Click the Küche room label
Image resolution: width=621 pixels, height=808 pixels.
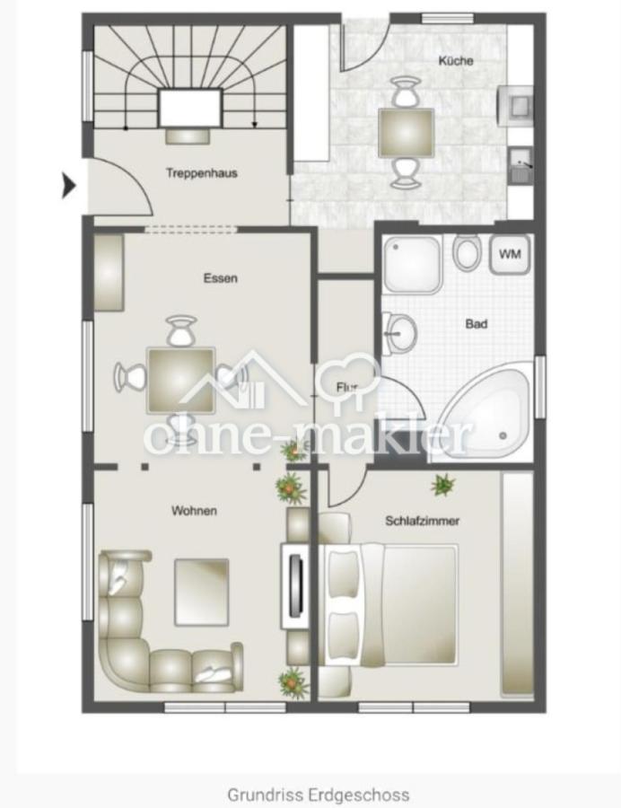(456, 61)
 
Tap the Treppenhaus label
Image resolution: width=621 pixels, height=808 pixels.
(202, 173)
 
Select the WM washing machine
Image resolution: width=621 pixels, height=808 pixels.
(509, 254)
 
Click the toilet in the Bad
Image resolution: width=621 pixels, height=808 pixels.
(467, 251)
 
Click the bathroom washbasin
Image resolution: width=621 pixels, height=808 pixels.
(399, 333)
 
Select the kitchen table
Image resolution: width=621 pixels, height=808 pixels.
(406, 133)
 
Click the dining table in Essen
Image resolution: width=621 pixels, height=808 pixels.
(180, 381)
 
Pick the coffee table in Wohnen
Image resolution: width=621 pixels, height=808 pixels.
(201, 593)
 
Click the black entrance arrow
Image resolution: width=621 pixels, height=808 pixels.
(69, 186)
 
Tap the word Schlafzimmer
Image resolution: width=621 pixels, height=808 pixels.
(423, 521)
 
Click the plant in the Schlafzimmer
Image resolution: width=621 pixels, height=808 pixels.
(442, 485)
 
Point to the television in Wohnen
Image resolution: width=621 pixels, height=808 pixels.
(295, 585)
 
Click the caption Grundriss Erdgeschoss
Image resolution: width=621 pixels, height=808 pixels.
(319, 795)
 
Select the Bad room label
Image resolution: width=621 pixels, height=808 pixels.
(476, 324)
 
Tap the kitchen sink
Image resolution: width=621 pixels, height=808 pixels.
(521, 165)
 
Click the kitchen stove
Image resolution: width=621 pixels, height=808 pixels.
(515, 106)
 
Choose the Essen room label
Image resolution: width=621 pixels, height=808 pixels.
(221, 278)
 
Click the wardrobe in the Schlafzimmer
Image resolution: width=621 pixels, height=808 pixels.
(517, 584)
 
